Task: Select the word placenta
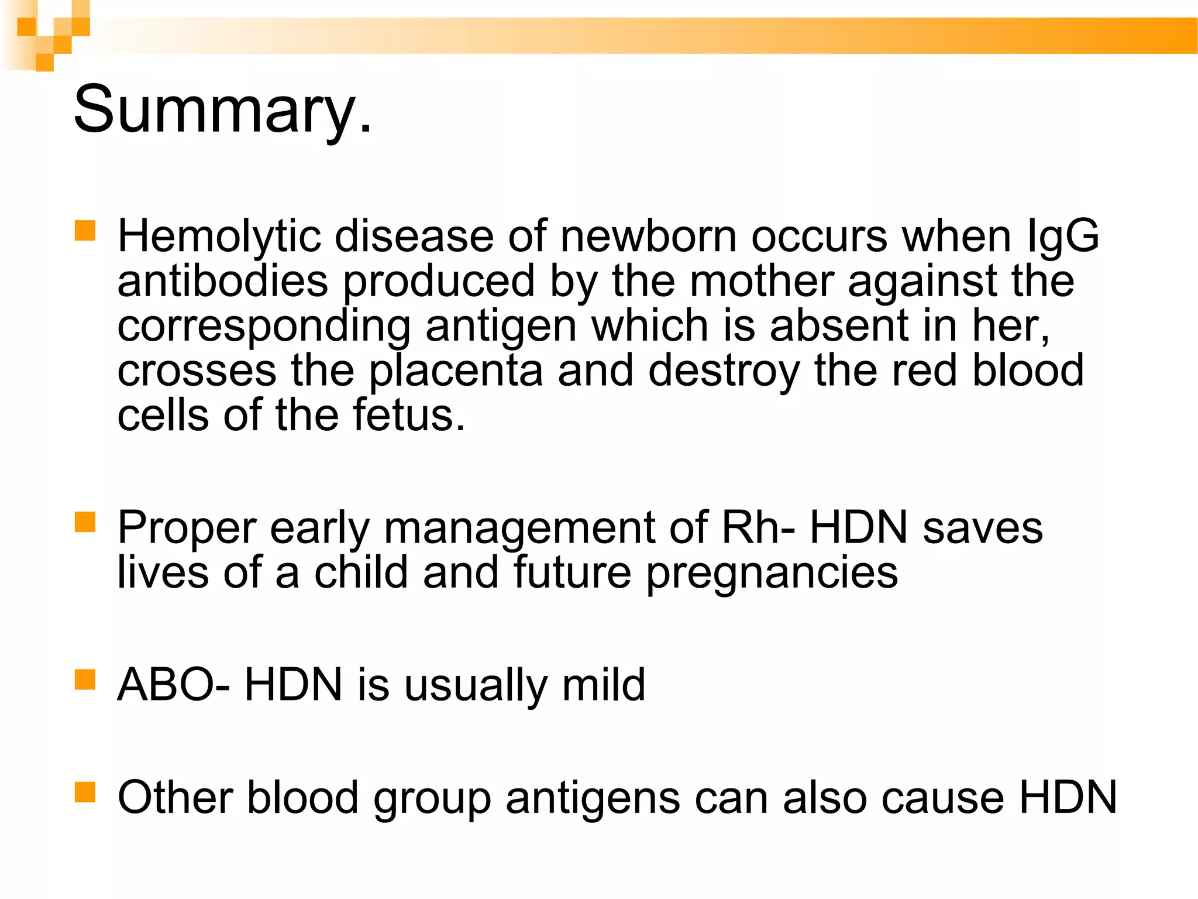(456, 372)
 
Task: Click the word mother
(761, 282)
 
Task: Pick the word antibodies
(222, 282)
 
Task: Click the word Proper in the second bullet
(187, 529)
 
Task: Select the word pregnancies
(772, 574)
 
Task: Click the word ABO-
(173, 684)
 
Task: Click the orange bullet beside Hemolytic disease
(85, 231)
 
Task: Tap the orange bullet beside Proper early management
(85, 521)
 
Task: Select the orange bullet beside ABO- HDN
(85, 680)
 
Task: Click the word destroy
(724, 372)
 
